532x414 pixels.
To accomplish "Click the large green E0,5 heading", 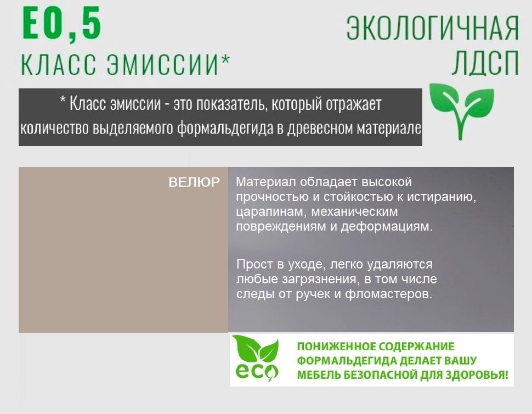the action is pyautogui.click(x=62, y=25).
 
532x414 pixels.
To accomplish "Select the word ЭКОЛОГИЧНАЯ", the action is pyautogui.click(x=433, y=28).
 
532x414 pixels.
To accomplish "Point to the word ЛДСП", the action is pyautogui.click(x=485, y=63).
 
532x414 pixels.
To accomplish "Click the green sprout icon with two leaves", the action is pyautogui.click(x=461, y=111).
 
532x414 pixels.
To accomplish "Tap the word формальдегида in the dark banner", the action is pyautogui.click(x=225, y=128).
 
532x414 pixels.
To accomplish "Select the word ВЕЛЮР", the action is pyautogui.click(x=194, y=182).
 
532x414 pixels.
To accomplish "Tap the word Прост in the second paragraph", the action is pyautogui.click(x=254, y=264).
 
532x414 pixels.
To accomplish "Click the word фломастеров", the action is pyautogui.click(x=388, y=294).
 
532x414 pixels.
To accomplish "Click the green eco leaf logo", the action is pyautogui.click(x=257, y=358).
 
